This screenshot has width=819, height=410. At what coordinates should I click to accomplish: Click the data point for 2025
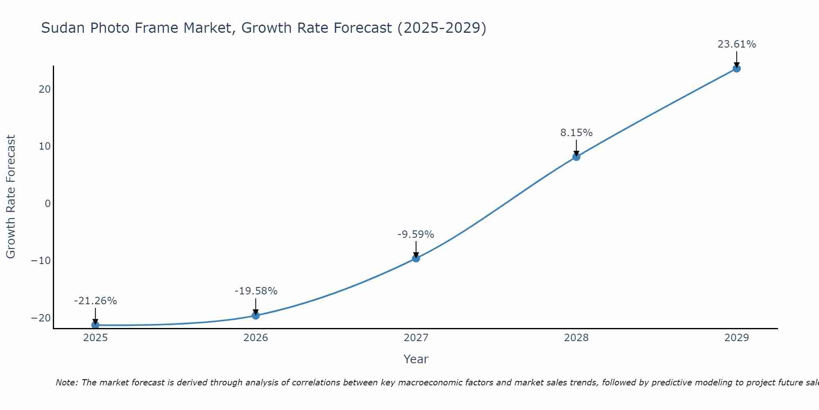pyautogui.click(x=95, y=325)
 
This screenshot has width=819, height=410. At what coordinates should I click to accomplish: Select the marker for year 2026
pyautogui.click(x=256, y=315)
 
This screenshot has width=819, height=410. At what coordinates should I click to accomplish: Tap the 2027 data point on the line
pyautogui.click(x=416, y=258)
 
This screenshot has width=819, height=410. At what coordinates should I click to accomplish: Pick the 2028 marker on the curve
pyautogui.click(x=576, y=157)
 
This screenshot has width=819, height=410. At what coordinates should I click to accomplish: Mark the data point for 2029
pyautogui.click(x=737, y=68)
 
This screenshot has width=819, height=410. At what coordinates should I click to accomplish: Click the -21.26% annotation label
pyautogui.click(x=95, y=301)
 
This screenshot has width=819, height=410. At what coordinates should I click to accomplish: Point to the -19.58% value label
pyautogui.click(x=256, y=291)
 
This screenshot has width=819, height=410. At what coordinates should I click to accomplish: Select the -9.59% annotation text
pyautogui.click(x=416, y=235)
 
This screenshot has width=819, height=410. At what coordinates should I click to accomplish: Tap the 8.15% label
pyautogui.click(x=576, y=133)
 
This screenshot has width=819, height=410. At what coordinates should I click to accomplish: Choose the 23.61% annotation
pyautogui.click(x=737, y=44)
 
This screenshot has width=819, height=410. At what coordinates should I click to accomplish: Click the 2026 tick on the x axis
pyautogui.click(x=256, y=338)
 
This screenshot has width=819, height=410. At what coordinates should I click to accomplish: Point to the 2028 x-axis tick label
pyautogui.click(x=576, y=338)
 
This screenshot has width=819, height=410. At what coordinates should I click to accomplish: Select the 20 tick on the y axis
pyautogui.click(x=45, y=89)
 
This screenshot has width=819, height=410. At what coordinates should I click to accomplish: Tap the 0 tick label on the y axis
pyautogui.click(x=48, y=203)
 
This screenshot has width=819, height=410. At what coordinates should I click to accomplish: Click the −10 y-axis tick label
pyautogui.click(x=41, y=261)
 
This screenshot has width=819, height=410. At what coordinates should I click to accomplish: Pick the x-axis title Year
pyautogui.click(x=416, y=359)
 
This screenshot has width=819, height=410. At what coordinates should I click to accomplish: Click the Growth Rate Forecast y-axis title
pyautogui.click(x=11, y=197)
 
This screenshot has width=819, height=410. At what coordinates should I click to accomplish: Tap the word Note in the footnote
pyautogui.click(x=66, y=383)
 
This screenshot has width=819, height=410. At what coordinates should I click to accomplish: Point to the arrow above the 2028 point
pyautogui.click(x=576, y=148)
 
